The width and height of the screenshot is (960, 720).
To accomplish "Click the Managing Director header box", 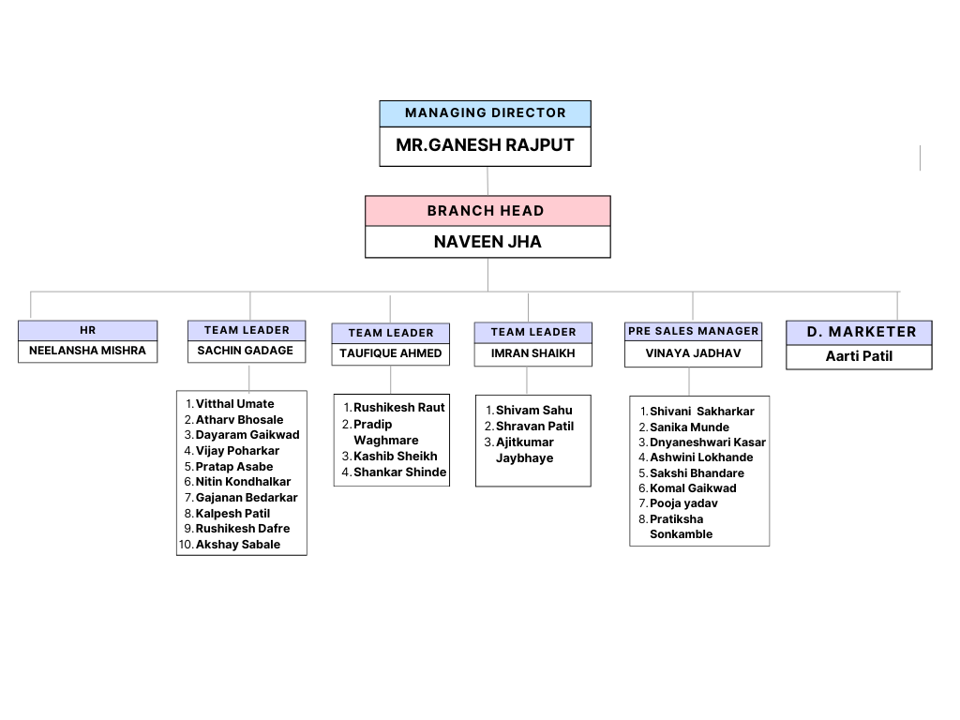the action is [485, 113].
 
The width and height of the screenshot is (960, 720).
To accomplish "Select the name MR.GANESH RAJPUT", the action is [485, 145].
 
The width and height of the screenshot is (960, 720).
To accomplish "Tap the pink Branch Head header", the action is [487, 211].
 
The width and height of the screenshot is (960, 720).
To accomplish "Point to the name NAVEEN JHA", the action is [487, 242].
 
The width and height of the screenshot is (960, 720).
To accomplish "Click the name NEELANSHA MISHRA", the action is [87, 351].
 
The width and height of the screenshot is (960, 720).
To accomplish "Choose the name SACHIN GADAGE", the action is [245, 351].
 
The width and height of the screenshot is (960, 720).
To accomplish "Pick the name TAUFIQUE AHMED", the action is [391, 353].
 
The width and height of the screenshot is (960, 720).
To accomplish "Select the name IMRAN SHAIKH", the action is [532, 353].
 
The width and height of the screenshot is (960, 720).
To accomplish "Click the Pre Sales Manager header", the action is [693, 331].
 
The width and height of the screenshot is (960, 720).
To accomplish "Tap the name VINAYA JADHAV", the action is [693, 353].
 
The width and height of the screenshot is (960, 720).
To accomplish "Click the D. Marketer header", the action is [859, 333].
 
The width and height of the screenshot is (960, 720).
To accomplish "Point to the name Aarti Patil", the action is [859, 356].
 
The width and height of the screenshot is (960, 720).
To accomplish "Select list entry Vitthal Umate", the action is [234, 404].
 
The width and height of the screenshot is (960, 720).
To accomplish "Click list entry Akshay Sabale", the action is [237, 545].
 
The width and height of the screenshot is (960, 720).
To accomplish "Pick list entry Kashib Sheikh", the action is [395, 457].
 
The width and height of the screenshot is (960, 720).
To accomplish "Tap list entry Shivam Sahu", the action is [533, 411].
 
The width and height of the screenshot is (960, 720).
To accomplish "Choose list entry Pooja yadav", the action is [683, 503].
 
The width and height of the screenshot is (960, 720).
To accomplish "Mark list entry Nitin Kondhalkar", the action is [243, 482].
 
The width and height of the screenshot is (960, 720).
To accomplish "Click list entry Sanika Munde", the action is [689, 427].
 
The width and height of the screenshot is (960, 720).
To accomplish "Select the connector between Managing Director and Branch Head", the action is [487, 181].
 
